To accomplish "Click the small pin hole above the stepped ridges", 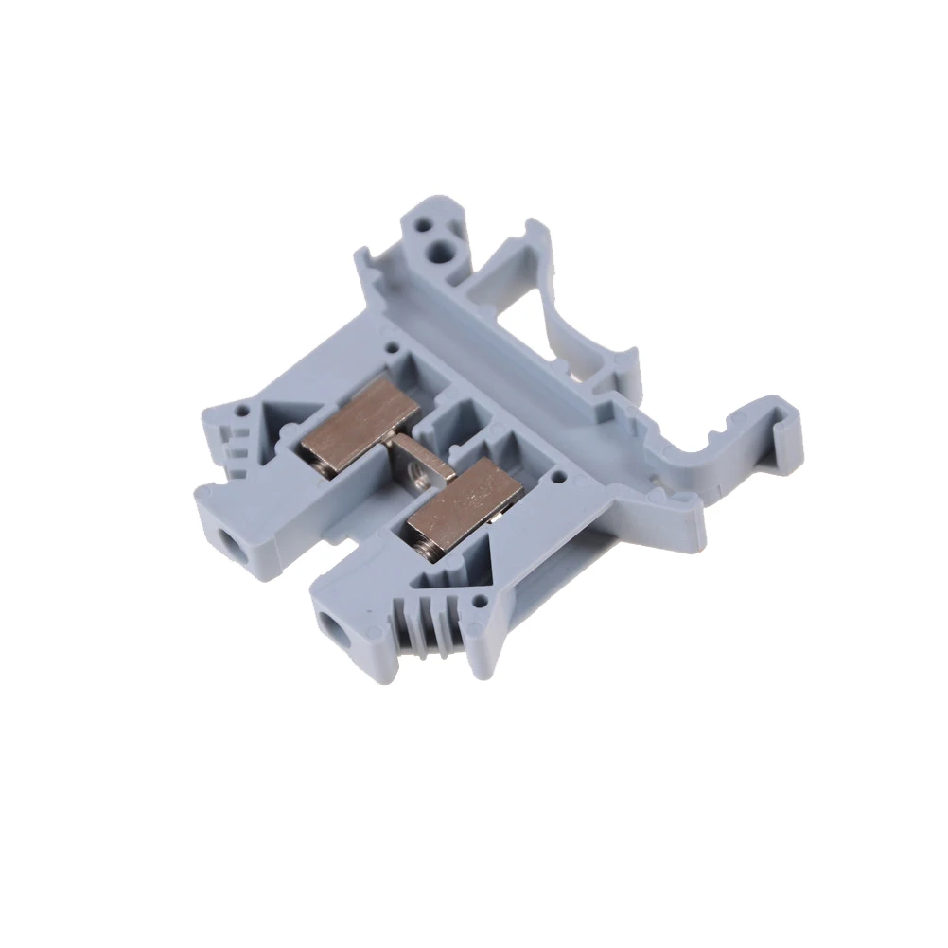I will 247,412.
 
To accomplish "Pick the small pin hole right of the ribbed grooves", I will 482,600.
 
